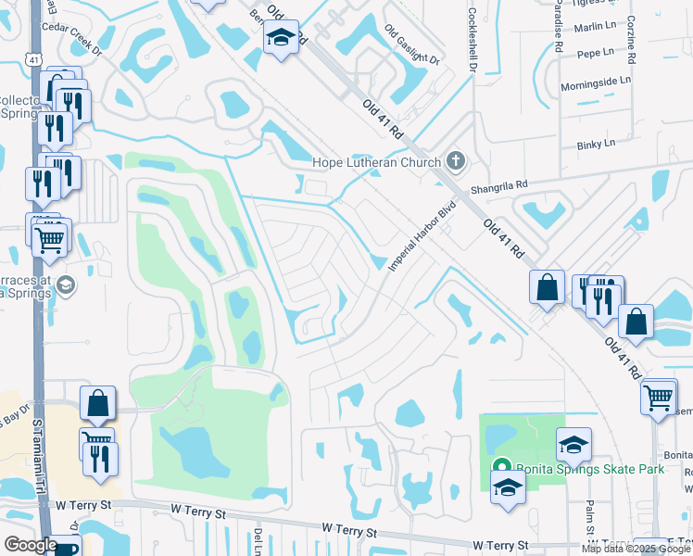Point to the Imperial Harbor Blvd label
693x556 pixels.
coord(423,235)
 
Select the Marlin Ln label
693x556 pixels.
coord(594,28)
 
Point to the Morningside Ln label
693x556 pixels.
coord(595,82)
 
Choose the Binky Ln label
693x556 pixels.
coord(595,144)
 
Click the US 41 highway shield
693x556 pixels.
coord(31,58)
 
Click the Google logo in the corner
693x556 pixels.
coord(31,545)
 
